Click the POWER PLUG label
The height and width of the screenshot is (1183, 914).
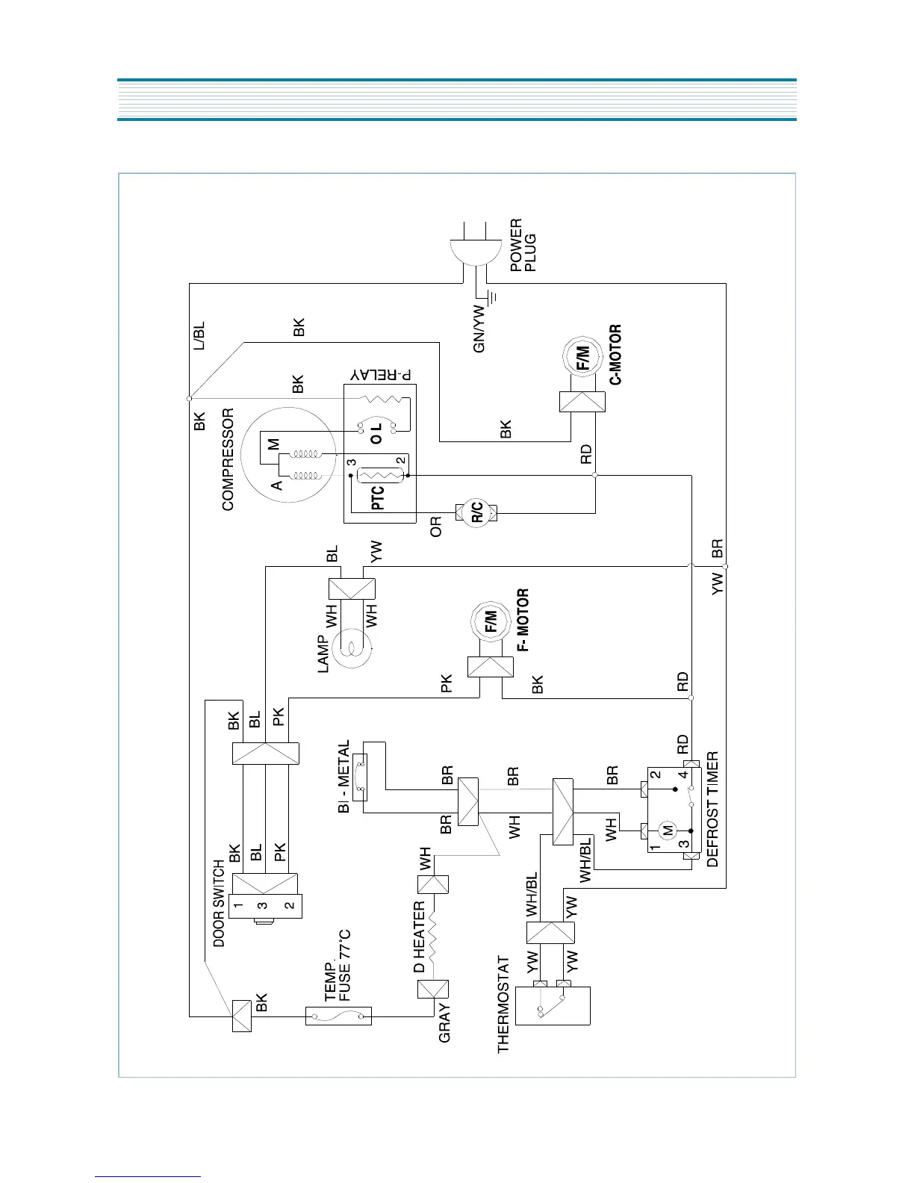[x=523, y=246]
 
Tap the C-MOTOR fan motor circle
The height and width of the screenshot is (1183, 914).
[x=582, y=358]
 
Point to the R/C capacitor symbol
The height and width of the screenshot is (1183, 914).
[x=476, y=512]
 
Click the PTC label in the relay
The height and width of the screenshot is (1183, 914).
[x=378, y=497]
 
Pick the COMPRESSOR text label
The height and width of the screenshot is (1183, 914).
[x=228, y=459]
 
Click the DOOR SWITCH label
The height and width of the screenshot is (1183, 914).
[x=219, y=903]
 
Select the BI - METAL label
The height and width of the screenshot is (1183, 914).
[x=343, y=777]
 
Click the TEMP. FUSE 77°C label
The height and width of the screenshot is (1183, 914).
[x=337, y=966]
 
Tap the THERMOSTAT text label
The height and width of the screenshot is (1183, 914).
[x=504, y=1005]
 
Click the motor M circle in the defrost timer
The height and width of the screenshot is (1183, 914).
[x=668, y=829]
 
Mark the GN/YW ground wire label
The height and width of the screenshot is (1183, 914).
[x=479, y=328]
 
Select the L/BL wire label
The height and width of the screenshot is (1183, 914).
[x=199, y=337]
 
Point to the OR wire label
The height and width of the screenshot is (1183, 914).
[x=436, y=527]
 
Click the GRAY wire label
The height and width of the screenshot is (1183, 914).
[x=445, y=1022]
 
